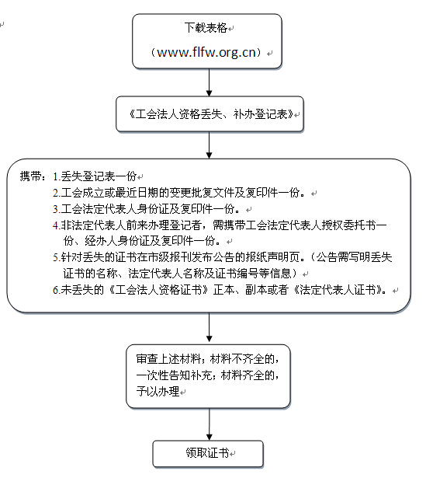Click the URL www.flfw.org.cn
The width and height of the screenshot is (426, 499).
[206, 52]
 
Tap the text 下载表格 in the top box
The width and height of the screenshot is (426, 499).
[206, 28]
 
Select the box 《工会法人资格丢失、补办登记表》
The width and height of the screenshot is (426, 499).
[210, 114]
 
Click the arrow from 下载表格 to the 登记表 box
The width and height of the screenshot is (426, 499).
[209, 82]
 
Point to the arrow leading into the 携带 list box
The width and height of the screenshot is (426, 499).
[209, 145]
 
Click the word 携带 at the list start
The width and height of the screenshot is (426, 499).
[30, 176]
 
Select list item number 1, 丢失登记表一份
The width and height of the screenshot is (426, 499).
[95, 176]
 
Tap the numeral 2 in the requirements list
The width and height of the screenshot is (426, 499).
[56, 193]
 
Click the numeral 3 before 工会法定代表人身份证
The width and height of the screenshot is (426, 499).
[56, 209]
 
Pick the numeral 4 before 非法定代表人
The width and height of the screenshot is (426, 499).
[56, 225]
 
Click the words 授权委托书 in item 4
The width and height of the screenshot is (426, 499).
[348, 225]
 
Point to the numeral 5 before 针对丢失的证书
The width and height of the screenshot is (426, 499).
[56, 257]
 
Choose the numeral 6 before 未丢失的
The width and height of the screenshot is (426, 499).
[56, 290]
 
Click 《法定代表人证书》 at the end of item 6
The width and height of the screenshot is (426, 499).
[338, 290]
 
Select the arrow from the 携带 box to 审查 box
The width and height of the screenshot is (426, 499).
[209, 327]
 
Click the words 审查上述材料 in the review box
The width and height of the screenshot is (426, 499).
[168, 359]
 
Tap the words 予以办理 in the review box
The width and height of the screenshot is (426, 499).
[158, 392]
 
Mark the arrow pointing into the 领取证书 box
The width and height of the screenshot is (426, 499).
[209, 424]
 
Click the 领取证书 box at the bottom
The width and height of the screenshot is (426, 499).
[208, 453]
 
